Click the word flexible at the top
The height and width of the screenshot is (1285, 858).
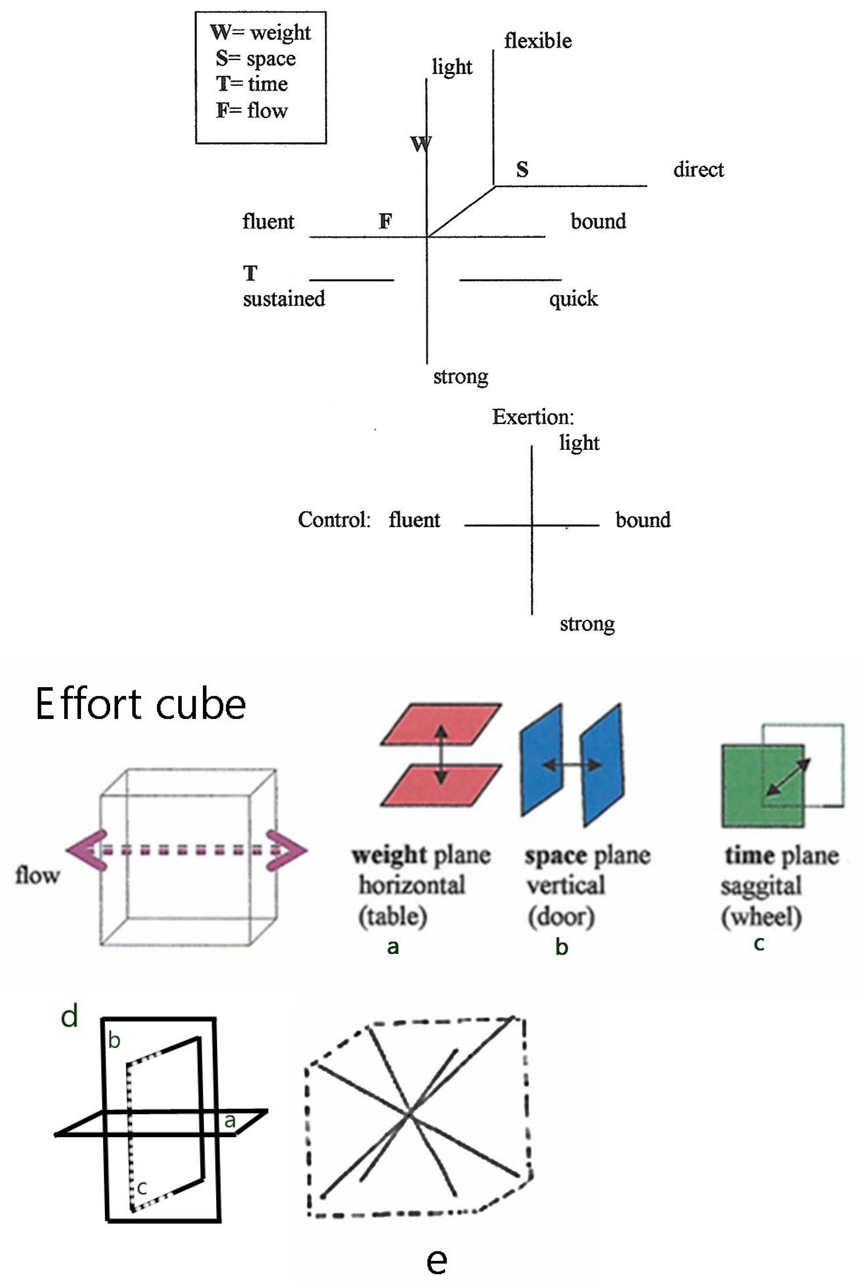(538, 41)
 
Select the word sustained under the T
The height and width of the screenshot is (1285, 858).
(284, 299)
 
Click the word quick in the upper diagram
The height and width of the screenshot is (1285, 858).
(573, 299)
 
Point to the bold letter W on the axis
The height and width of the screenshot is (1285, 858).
(420, 144)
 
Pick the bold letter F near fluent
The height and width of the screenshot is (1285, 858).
(385, 221)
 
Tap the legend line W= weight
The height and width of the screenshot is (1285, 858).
(260, 33)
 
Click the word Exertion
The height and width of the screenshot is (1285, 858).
(533, 417)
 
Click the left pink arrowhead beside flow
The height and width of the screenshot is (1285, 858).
(87, 850)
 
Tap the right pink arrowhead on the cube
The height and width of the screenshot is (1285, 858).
(286, 850)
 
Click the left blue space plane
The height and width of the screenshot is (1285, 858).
(541, 760)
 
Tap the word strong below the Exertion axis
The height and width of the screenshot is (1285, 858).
(587, 624)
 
